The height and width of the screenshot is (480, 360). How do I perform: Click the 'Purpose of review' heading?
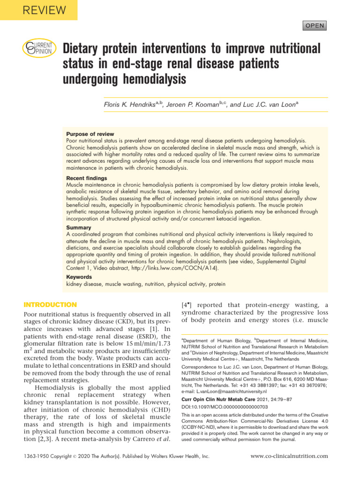90,134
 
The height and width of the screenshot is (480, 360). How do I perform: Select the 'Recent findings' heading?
87,178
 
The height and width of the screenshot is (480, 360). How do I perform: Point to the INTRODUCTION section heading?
50,305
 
